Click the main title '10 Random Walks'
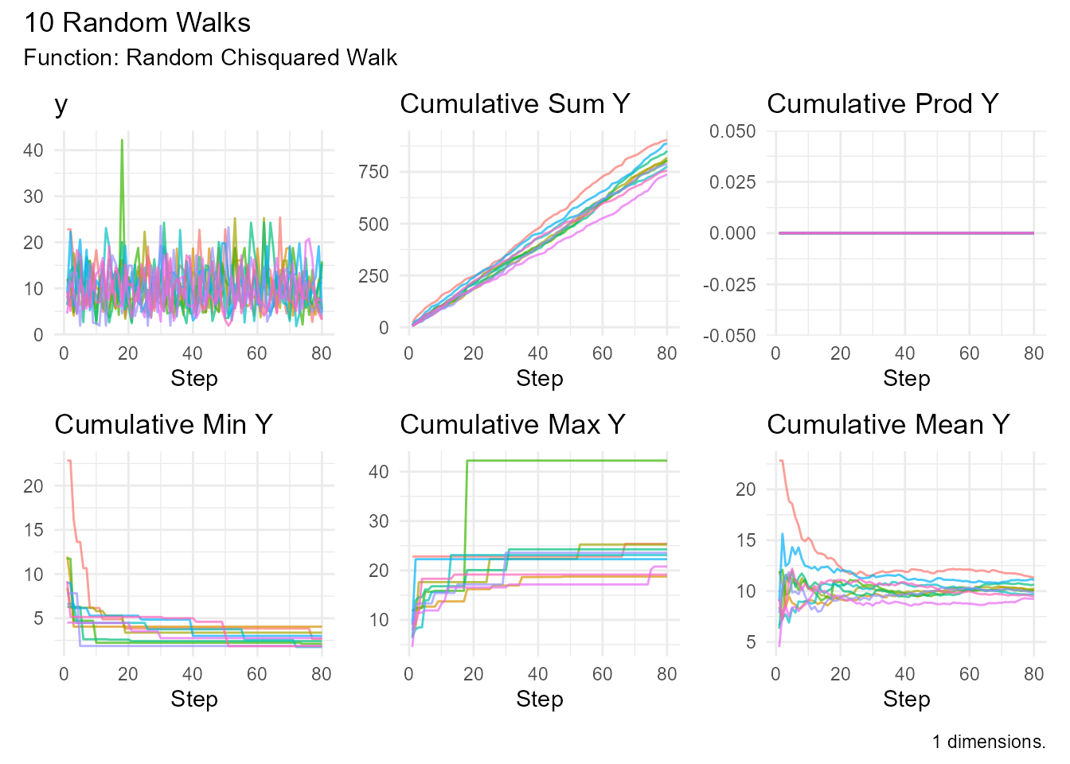(x=137, y=22)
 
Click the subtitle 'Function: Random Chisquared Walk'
(x=210, y=58)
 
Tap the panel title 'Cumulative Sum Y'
(x=514, y=104)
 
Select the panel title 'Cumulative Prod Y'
(x=882, y=104)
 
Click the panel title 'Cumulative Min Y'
(x=163, y=425)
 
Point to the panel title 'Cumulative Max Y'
(x=512, y=425)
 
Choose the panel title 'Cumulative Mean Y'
(x=888, y=425)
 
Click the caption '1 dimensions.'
(x=989, y=742)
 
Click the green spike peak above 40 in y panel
(x=122, y=141)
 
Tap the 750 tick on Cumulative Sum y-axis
(x=373, y=172)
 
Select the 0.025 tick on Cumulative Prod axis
(x=732, y=182)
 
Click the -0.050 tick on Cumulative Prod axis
(x=729, y=336)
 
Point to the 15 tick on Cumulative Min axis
(x=33, y=530)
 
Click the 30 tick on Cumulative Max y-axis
(x=379, y=521)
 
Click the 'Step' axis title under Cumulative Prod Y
(x=906, y=379)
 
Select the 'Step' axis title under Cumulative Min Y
(x=193, y=700)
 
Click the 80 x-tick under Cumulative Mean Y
(x=1033, y=674)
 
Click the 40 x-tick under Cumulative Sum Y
(x=537, y=353)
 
